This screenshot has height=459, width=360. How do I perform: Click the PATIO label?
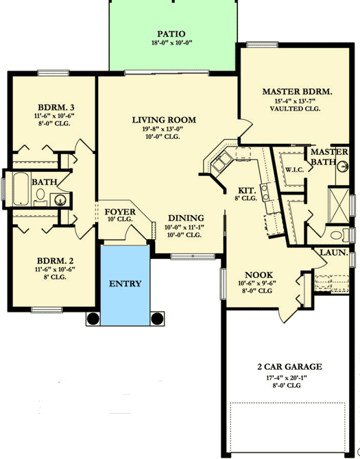171,34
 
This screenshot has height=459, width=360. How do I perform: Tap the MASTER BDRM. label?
297,92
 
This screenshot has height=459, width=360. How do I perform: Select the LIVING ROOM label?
164,120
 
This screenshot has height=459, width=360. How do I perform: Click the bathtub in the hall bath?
21,189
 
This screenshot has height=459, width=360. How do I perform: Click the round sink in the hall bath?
60,200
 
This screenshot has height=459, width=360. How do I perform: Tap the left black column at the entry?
93,319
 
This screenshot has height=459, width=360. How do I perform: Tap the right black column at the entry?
157,319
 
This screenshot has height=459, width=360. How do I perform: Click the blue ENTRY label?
125,284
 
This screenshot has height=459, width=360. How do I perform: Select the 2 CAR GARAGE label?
289,367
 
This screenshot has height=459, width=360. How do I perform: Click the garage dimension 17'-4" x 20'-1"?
286,378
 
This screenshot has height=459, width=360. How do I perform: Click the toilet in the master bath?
339,235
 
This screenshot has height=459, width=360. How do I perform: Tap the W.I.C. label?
294,170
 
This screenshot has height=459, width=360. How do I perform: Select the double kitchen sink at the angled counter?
221,162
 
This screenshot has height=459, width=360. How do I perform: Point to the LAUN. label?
333,253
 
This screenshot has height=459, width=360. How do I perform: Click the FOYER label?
120,212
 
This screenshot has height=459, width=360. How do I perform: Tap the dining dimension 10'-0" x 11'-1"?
184,227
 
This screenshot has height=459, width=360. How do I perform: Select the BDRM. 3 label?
54,107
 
